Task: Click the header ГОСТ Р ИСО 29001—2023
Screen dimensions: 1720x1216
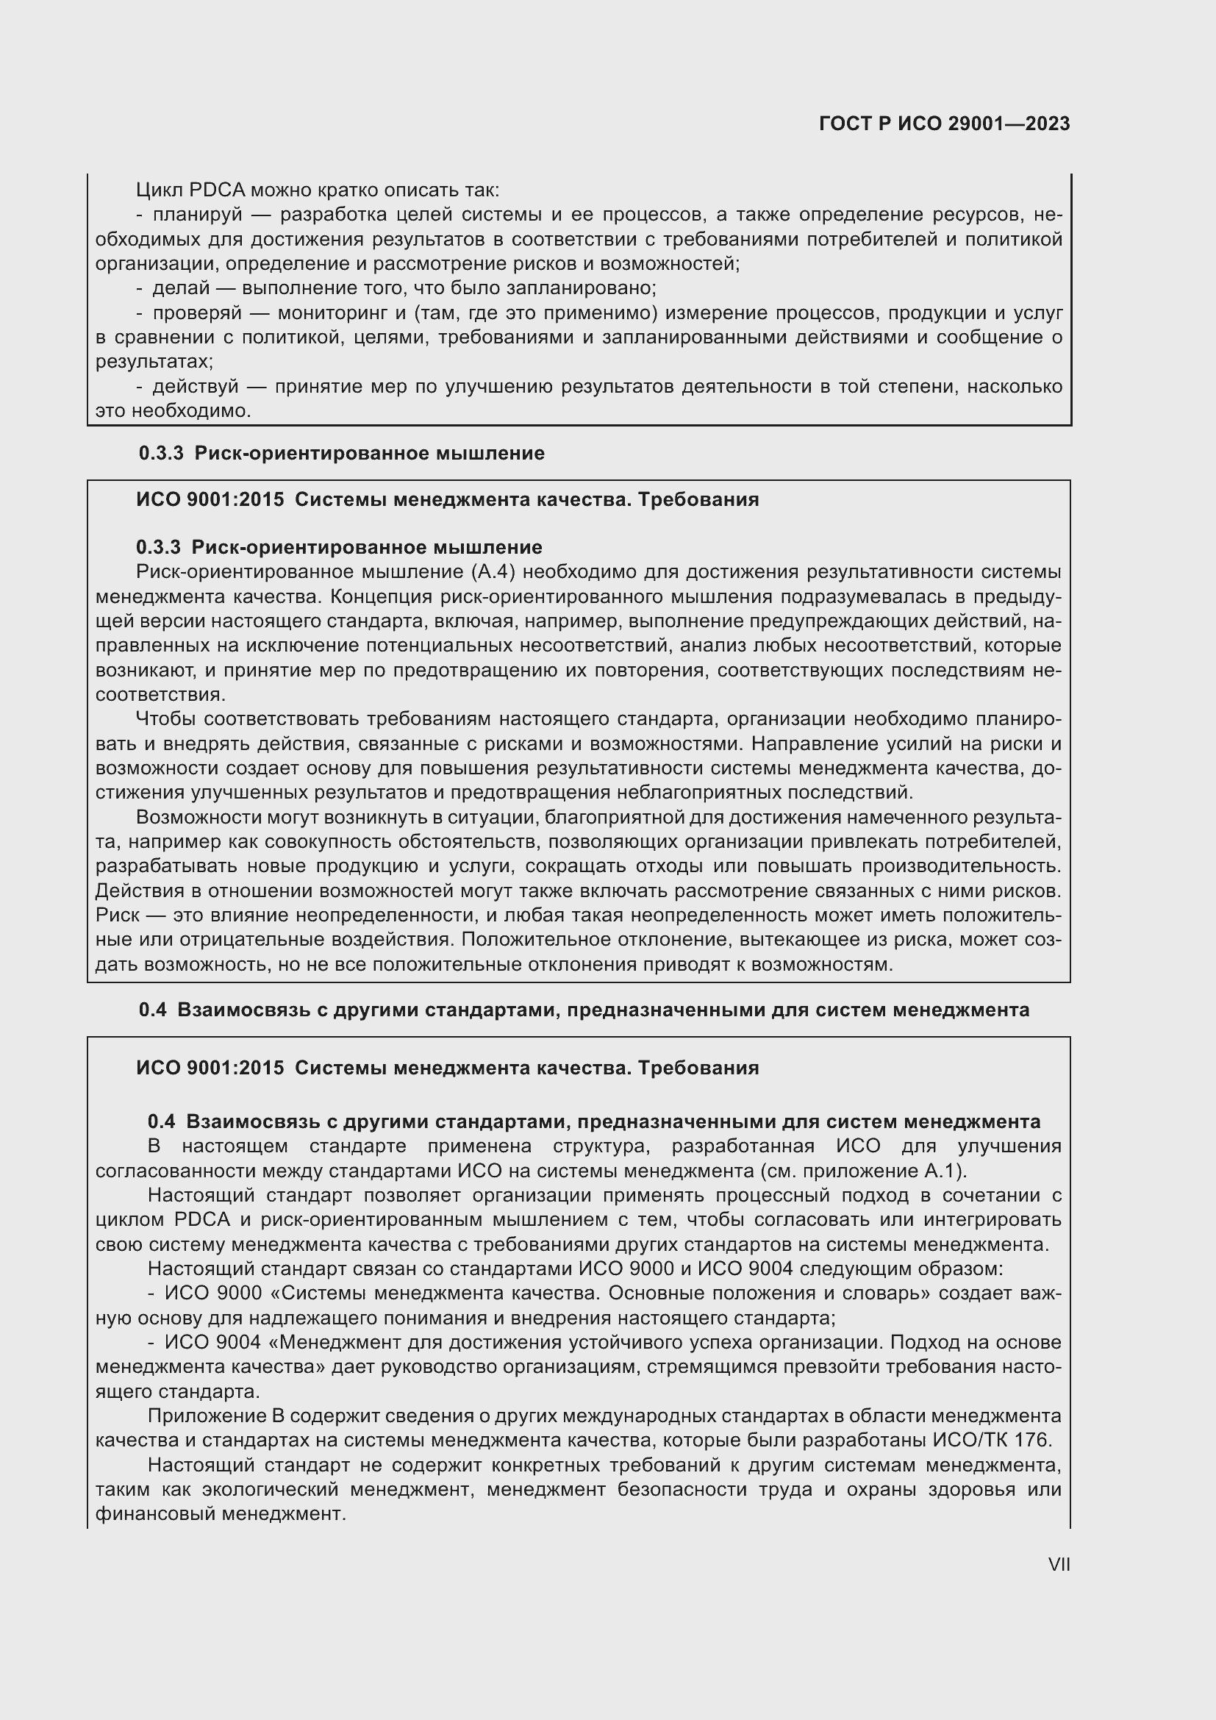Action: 944,124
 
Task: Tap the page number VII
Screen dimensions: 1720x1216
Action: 1059,1564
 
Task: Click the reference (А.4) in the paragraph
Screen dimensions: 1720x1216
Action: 493,572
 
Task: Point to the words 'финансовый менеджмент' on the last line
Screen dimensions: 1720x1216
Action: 220,1513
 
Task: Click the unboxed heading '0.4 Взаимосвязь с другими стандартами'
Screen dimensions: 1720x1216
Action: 583,1010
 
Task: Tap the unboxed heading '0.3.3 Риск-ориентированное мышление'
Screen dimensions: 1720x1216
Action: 341,453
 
